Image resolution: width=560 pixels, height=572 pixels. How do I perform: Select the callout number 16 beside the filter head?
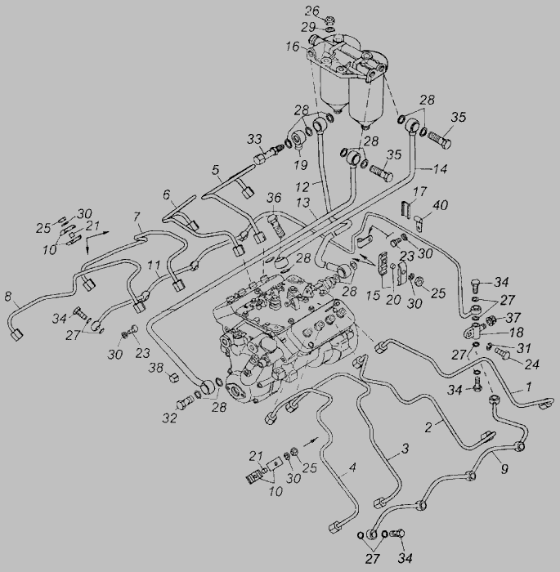pyautogui.click(x=292, y=47)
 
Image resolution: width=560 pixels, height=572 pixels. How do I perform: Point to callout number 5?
pyautogui.click(x=216, y=172)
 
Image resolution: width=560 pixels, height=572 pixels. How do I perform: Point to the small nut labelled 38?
pyautogui.click(x=173, y=378)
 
